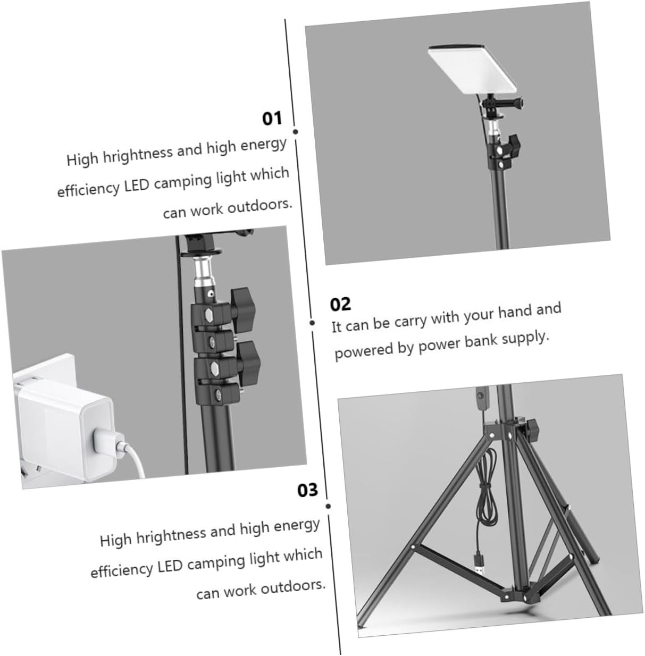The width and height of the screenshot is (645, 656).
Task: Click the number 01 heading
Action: point(273,118)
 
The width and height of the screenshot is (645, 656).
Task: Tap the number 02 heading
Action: point(340,304)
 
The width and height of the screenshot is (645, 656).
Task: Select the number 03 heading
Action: point(307,490)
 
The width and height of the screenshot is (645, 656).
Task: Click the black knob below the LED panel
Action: point(514,144)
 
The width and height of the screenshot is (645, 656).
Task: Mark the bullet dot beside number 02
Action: point(313,322)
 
